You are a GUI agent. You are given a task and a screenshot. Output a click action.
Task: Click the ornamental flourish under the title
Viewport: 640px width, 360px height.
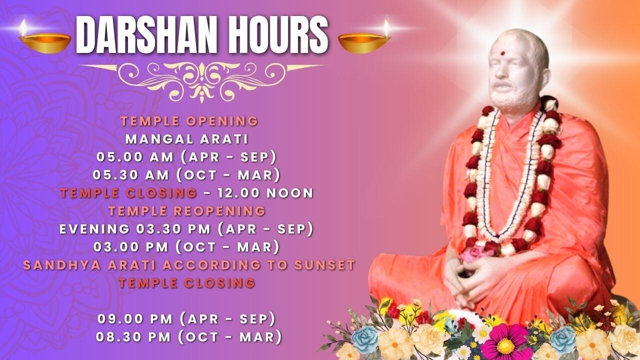click(202, 81)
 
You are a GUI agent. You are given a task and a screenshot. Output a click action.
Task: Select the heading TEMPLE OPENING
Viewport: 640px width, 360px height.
click(189, 121)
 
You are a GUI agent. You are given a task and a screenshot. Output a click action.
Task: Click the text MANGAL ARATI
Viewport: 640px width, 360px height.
click(187, 139)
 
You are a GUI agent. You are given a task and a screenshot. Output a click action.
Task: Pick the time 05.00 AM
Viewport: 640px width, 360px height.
click(135, 157)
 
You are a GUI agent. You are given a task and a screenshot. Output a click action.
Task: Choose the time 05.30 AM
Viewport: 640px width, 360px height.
click(131, 175)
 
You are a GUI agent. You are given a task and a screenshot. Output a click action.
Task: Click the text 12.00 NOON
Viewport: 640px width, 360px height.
click(265, 193)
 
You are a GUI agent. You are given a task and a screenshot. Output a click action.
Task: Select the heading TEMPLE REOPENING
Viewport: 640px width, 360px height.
click(187, 211)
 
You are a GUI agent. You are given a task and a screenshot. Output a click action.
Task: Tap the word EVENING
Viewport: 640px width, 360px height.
click(94, 229)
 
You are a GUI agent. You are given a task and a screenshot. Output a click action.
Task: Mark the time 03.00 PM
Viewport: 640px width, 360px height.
click(131, 247)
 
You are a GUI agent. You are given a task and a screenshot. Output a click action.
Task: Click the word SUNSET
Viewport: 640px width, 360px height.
click(325, 265)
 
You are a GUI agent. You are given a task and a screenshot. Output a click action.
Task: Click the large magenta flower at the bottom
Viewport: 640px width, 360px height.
click(505, 342)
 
